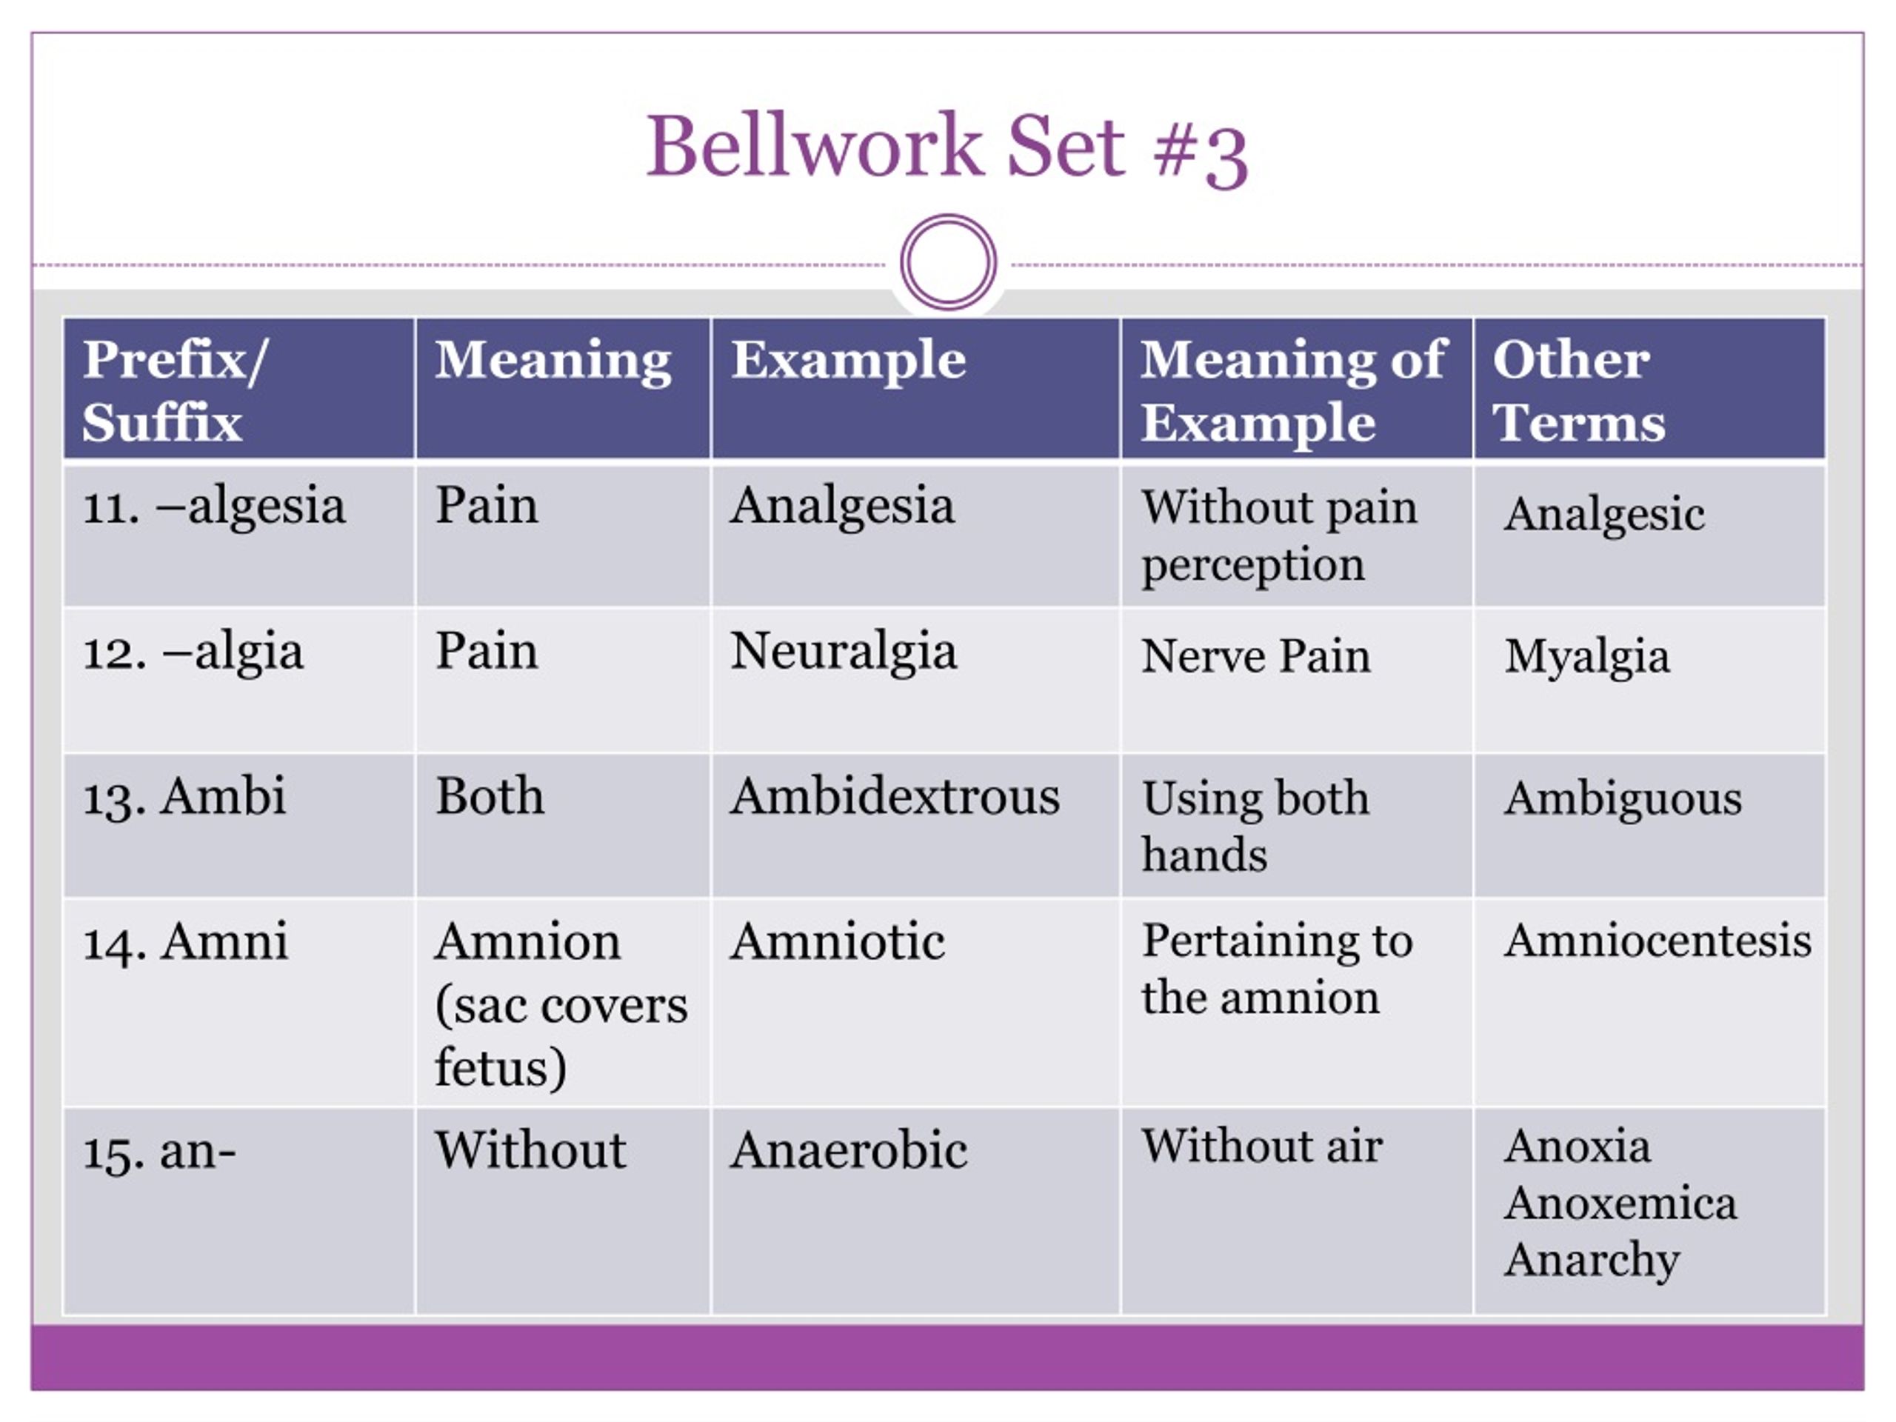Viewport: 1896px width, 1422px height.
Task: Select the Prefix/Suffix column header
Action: coord(176,390)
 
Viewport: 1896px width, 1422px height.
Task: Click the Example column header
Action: coord(849,359)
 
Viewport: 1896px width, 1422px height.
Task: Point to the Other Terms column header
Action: coord(1579,390)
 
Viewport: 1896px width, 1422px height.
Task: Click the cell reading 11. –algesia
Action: coord(214,505)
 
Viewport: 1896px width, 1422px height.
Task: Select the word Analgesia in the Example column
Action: coord(841,505)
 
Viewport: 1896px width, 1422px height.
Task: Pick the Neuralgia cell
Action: coord(844,652)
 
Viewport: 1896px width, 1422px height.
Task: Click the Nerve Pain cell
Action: coord(1255,657)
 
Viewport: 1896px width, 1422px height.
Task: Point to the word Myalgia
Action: coord(1586,658)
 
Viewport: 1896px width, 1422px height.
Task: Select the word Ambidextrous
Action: coord(895,796)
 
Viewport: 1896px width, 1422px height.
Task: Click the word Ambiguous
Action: coord(1623,800)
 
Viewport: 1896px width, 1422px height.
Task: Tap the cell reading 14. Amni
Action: coord(185,941)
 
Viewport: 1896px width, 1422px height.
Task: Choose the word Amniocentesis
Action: coord(1658,941)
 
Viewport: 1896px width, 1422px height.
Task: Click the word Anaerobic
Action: coord(849,1149)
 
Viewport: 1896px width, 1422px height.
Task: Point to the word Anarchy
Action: coord(1592,1260)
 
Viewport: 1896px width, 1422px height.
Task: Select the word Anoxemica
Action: coord(1620,1203)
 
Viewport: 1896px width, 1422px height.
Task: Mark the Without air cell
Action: coord(1262,1146)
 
